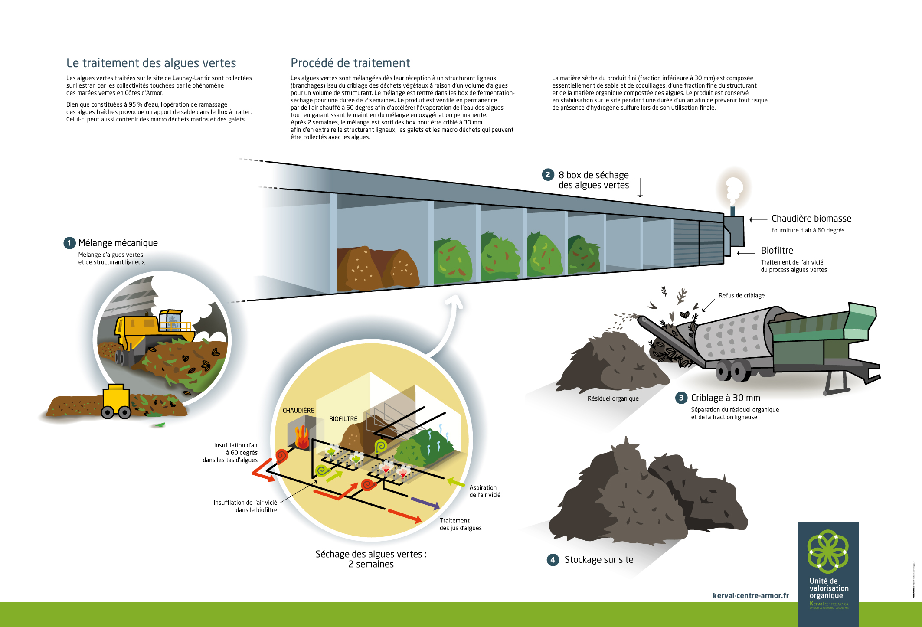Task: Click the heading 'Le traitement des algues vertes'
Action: tap(151, 63)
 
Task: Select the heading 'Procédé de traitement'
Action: tap(350, 63)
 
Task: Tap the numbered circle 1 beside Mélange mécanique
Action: tap(69, 243)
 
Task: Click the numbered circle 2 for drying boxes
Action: tap(548, 175)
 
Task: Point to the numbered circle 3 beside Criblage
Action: tap(681, 398)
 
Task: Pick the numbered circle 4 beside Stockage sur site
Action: tap(553, 560)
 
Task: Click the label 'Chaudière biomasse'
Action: tap(811, 219)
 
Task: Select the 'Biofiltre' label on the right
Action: tap(777, 250)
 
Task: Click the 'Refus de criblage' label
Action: tap(741, 295)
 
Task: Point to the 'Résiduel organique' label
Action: tap(613, 398)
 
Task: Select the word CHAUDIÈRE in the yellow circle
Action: tap(298, 410)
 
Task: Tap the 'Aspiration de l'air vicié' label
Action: tap(484, 491)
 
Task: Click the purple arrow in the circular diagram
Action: tap(425, 503)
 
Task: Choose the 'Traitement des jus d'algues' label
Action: tap(460, 524)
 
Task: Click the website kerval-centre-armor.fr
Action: tap(750, 596)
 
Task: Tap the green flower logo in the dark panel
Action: tap(827, 551)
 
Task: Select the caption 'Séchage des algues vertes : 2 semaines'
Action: tap(371, 559)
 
